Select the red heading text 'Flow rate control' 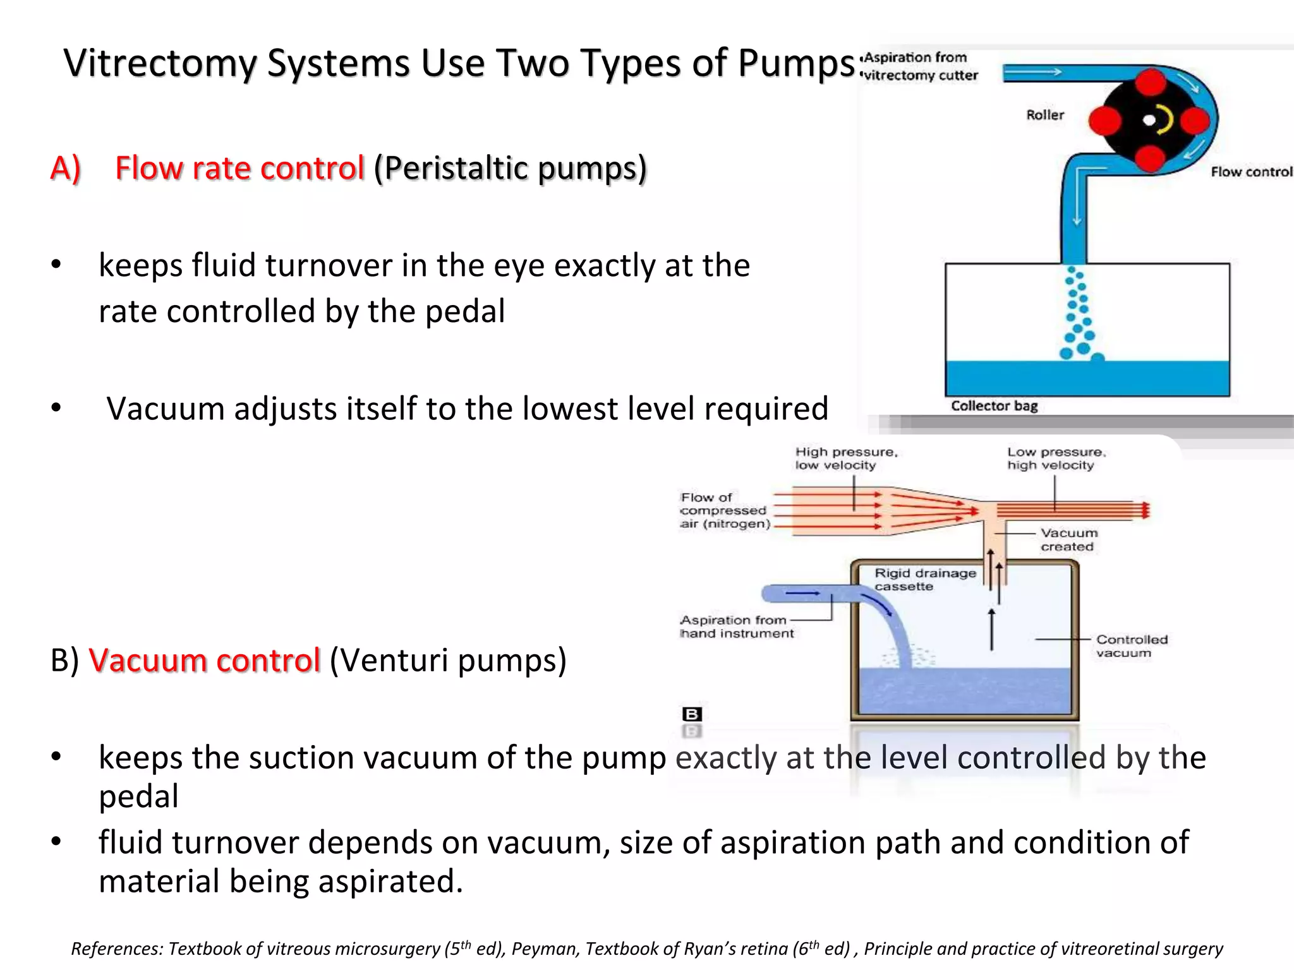pyautogui.click(x=239, y=168)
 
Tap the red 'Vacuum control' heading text pyautogui.click(x=205, y=661)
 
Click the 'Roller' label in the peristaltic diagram pyautogui.click(x=1045, y=115)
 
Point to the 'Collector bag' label pyautogui.click(x=995, y=406)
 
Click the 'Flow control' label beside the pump pyautogui.click(x=1251, y=172)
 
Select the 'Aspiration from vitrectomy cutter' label pyautogui.click(x=919, y=66)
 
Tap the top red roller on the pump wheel pyautogui.click(x=1151, y=82)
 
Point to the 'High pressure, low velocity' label pyautogui.click(x=845, y=458)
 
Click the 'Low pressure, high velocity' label pyautogui.click(x=1056, y=458)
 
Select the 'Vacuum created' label pyautogui.click(x=1069, y=540)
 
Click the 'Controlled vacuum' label pyautogui.click(x=1131, y=646)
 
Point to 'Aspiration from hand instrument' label pyautogui.click(x=736, y=626)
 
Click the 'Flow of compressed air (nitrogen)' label pyautogui.click(x=724, y=510)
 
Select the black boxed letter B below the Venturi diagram pyautogui.click(x=692, y=714)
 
